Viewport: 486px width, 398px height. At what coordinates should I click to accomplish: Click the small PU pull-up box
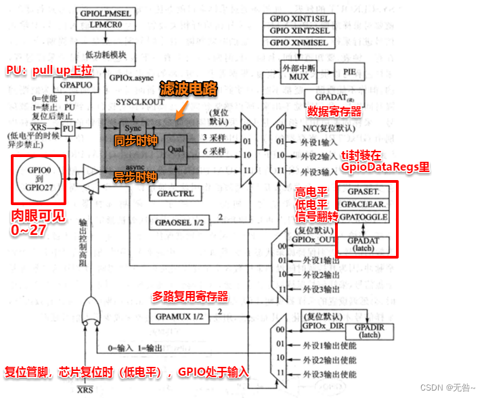pyautogui.click(x=68, y=129)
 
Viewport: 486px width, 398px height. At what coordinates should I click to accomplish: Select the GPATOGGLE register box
pyautogui.click(x=364, y=217)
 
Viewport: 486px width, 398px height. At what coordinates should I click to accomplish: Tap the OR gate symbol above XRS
pyautogui.click(x=90, y=311)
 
